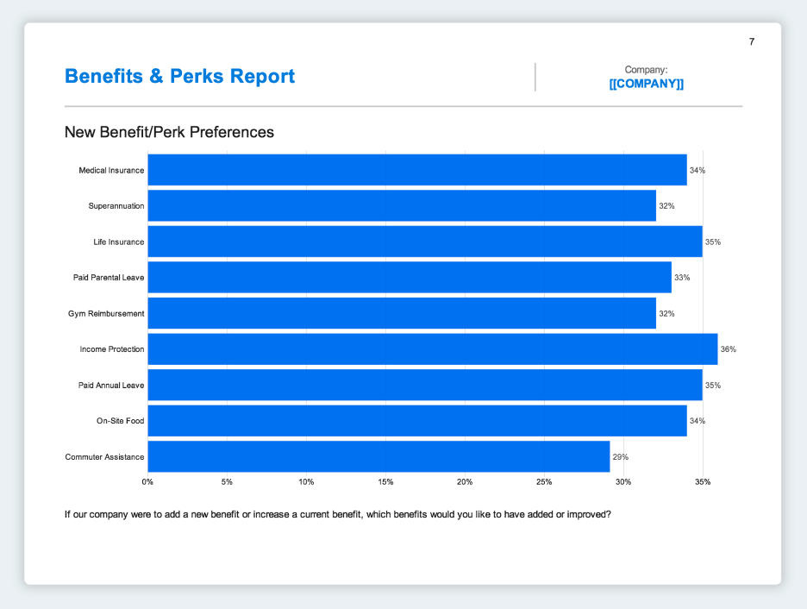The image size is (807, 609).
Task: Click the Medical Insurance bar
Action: point(417,170)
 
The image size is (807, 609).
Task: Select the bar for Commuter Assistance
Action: point(378,456)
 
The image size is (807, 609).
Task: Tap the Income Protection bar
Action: point(433,349)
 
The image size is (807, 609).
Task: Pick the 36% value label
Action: point(729,349)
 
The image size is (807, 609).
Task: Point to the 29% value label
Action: point(621,456)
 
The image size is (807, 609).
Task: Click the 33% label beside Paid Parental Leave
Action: point(682,278)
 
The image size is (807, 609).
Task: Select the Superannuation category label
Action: point(116,206)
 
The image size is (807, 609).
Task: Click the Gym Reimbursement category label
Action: point(106,313)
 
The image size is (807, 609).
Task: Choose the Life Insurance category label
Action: point(118,242)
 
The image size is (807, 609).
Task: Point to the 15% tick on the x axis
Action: point(385,481)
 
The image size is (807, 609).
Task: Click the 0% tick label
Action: point(148,481)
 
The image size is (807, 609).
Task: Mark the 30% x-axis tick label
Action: point(623,481)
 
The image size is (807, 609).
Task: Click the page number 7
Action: point(752,41)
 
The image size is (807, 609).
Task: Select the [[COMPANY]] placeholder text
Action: point(647,84)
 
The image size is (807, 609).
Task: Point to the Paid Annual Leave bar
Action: point(425,385)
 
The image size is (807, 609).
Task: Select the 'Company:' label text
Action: point(647,69)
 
